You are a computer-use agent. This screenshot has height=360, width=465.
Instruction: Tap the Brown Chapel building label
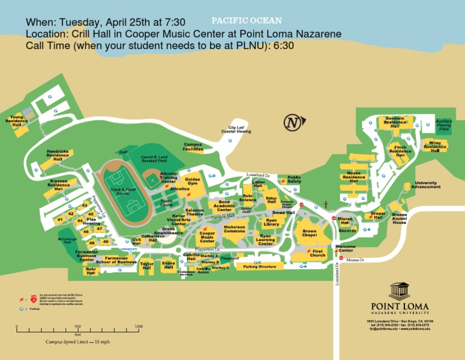click(x=309, y=233)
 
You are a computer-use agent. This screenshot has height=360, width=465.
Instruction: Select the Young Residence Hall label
click(x=16, y=121)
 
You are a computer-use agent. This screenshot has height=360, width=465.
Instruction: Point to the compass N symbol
click(x=292, y=122)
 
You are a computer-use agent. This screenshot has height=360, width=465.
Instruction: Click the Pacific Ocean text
click(x=246, y=21)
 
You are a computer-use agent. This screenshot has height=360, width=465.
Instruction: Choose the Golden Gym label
click(x=193, y=181)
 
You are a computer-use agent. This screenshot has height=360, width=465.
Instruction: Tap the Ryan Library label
click(x=271, y=223)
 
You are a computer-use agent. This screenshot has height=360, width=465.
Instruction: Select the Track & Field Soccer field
click(x=123, y=191)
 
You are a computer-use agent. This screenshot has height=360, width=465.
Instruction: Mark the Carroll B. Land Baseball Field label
click(x=153, y=159)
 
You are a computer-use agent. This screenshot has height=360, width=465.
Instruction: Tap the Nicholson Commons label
click(x=234, y=229)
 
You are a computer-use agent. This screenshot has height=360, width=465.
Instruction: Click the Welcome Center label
click(x=345, y=248)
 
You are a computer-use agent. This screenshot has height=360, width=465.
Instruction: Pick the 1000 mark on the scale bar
click(x=139, y=327)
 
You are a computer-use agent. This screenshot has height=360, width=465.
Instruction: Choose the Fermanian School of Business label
click(x=116, y=261)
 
